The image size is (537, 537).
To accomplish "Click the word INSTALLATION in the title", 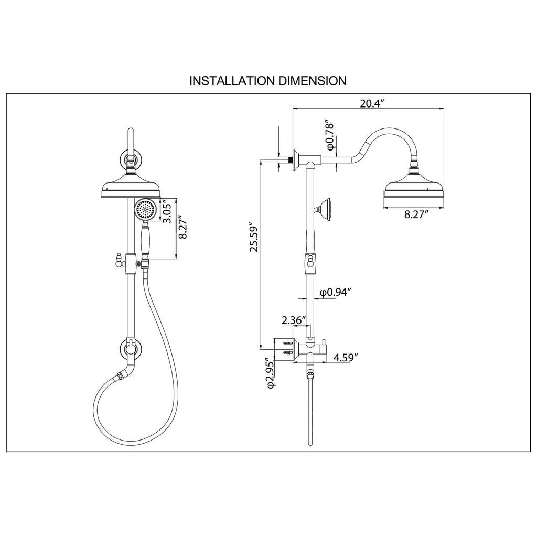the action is [232, 81].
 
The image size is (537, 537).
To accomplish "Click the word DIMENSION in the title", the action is [312, 81].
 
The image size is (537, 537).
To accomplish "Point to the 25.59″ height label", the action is [254, 239].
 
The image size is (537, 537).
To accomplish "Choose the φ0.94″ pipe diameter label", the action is [336, 292].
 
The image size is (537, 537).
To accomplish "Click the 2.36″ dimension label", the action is [294, 320].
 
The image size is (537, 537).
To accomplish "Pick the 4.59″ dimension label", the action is [346, 358].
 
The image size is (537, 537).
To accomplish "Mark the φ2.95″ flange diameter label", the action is [271, 373].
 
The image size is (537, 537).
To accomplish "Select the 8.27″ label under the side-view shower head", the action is [416, 214].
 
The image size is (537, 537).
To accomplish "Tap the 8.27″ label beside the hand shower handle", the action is [183, 227].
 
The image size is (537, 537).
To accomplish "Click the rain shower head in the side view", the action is [413, 187].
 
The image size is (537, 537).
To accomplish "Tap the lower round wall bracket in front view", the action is [131, 349].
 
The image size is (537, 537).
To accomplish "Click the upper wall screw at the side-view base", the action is [288, 343].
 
